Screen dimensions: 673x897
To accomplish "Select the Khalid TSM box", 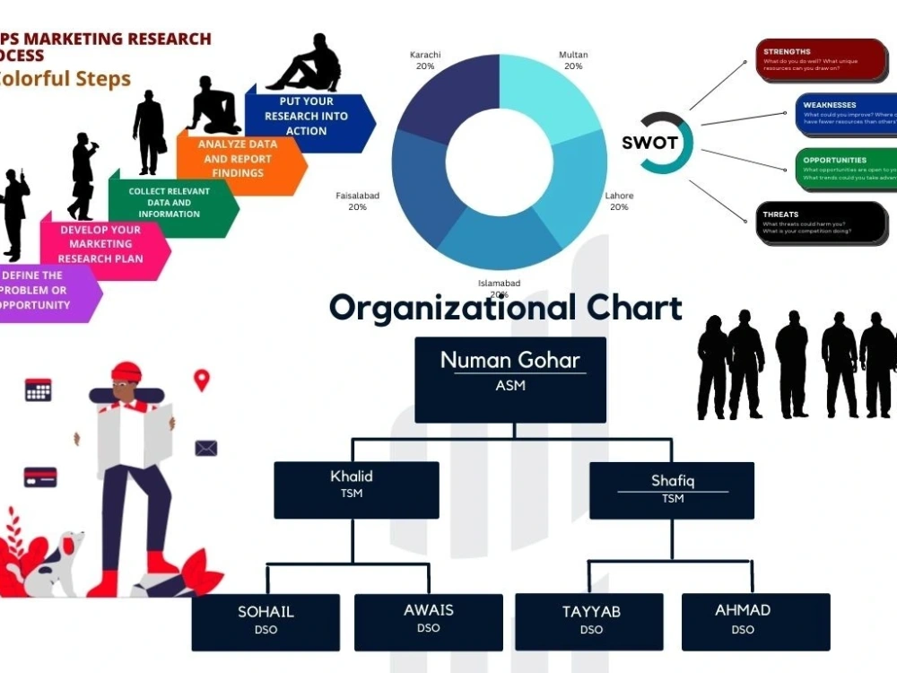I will [356, 489].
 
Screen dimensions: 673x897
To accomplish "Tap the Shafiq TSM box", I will [672, 490].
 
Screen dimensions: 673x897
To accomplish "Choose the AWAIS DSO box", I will [429, 620].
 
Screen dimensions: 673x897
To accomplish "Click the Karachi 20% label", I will [425, 60].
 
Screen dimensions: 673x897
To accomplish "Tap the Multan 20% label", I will [573, 60].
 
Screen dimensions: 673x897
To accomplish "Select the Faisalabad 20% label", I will [357, 200].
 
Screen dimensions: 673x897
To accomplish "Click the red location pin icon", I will [202, 380].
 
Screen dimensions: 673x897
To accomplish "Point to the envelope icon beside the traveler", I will [206, 448].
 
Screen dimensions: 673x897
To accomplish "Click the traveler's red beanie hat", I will [126, 371].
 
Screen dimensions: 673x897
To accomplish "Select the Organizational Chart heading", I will [505, 308].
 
